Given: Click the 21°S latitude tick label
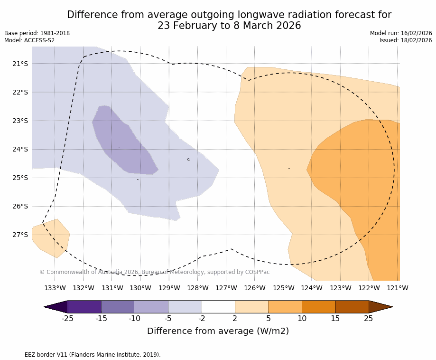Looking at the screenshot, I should pyautogui.click(x=20, y=64).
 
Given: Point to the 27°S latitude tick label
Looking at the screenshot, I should pyautogui.click(x=20, y=235).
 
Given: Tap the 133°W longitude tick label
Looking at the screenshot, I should pyautogui.click(x=55, y=288).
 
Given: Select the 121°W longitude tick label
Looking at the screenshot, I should pyautogui.click(x=398, y=288).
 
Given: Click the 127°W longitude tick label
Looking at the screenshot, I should pyautogui.click(x=226, y=288).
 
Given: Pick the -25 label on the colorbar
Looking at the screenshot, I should pyautogui.click(x=68, y=318).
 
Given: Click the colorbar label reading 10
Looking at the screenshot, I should pyautogui.click(x=302, y=318).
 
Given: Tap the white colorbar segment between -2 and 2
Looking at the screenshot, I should pyautogui.click(x=218, y=307).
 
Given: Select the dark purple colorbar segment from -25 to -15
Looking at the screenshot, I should pyautogui.click(x=84, y=307).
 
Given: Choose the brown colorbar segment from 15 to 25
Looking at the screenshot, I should pyautogui.click(x=352, y=307).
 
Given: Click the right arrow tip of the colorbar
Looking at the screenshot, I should pyautogui.click(x=390, y=307).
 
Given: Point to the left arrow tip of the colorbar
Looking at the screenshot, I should pyautogui.click(x=46, y=307).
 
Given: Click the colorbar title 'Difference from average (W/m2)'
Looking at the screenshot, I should pyautogui.click(x=218, y=331).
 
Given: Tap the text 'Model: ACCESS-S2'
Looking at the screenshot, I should pyautogui.click(x=29, y=40).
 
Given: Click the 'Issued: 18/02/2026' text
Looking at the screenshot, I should pyautogui.click(x=406, y=40).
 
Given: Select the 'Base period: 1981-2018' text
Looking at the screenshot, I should pyautogui.click(x=37, y=33).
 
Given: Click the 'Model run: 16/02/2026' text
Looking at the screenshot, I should pyautogui.click(x=401, y=33).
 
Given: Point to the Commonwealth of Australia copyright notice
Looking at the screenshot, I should pyautogui.click(x=154, y=272).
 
